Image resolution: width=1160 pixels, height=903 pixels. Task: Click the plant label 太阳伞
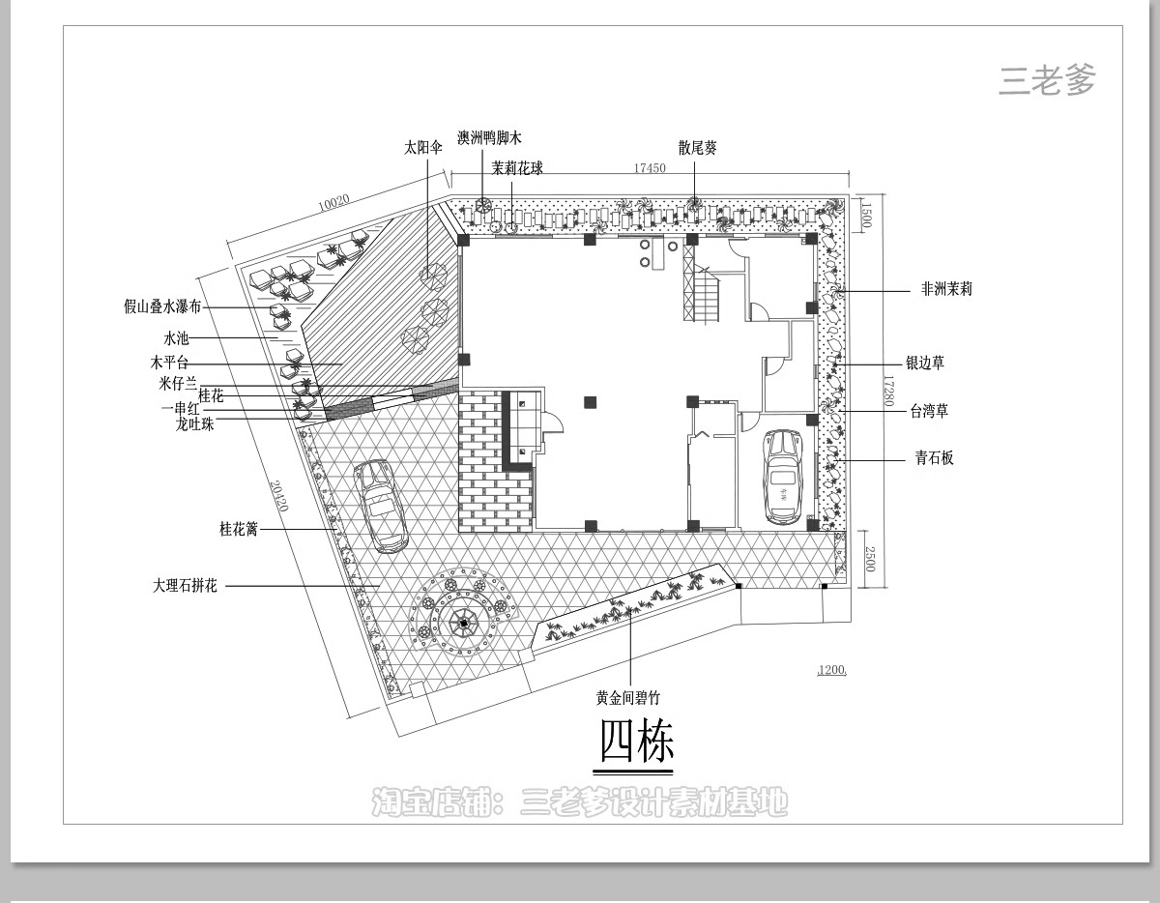(423, 148)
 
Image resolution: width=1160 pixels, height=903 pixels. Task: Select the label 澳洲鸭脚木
(489, 138)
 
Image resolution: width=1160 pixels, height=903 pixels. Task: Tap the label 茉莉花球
(517, 168)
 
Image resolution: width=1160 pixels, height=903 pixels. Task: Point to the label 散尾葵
(697, 148)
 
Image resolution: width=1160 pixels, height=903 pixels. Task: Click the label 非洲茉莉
(946, 288)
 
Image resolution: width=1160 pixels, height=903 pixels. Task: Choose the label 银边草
(925, 364)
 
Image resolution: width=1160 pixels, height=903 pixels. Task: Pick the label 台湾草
(929, 411)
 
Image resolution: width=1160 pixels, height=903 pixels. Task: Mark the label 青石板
(935, 458)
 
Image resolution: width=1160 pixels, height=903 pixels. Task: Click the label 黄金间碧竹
(628, 698)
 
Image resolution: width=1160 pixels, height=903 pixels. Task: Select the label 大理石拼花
(185, 586)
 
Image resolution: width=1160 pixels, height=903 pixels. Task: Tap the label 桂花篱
(239, 529)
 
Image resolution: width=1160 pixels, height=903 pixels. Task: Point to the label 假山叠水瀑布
(162, 306)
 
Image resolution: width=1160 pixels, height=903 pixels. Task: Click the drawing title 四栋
(635, 743)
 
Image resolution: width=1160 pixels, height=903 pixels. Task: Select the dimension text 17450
(650, 168)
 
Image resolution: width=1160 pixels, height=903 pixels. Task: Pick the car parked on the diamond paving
(380, 506)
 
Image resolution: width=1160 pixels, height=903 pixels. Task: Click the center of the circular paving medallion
(464, 624)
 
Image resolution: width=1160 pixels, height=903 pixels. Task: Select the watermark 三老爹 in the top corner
(1047, 81)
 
